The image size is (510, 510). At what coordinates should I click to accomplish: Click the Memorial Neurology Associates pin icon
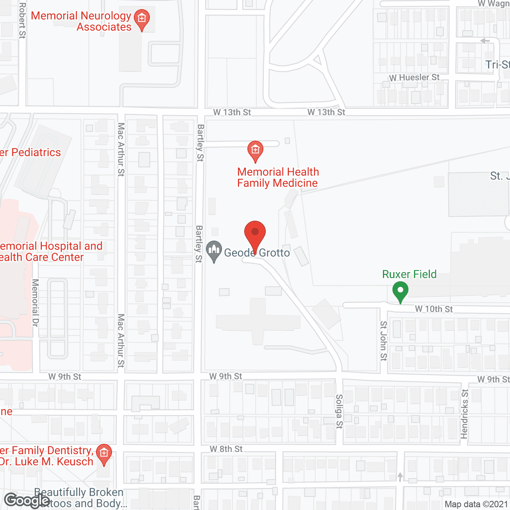coord(141,19)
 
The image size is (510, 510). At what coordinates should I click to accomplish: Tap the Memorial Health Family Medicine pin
coord(255,151)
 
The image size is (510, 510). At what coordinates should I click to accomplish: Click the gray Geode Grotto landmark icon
coord(214,251)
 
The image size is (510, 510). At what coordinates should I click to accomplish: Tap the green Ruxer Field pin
coord(400,291)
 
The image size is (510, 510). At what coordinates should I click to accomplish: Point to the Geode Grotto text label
coord(257,253)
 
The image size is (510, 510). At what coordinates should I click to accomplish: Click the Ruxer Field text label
coord(409,275)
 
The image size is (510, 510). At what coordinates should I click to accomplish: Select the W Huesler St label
coord(414,78)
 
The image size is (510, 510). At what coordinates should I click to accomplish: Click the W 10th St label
coord(433,309)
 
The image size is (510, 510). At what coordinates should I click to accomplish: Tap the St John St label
coord(383,341)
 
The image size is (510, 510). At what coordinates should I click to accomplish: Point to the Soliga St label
coord(339,411)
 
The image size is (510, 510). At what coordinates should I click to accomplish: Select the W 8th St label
coord(226,449)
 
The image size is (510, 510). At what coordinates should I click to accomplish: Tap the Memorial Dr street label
coord(35,303)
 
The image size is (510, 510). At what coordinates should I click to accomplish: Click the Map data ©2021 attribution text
coord(476,504)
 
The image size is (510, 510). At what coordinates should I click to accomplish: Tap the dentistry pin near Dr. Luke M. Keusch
coord(104,454)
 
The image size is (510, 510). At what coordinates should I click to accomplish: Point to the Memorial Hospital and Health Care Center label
coord(51,252)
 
